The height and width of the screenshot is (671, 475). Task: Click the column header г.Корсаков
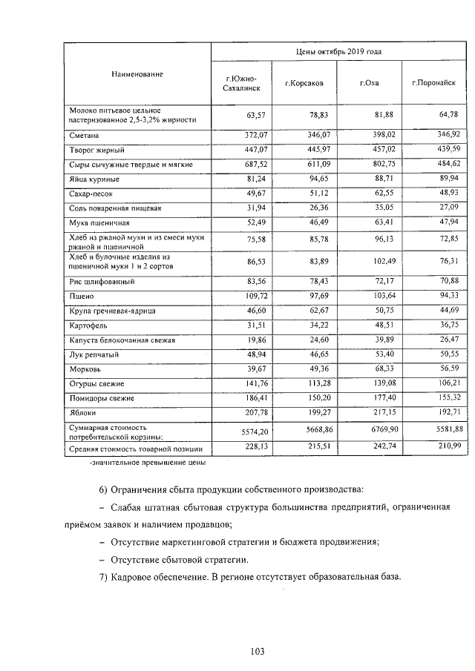[304, 83]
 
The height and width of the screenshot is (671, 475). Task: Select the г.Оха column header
[369, 83]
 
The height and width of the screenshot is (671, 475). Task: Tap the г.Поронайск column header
[433, 83]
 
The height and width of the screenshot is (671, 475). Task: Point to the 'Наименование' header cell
[137, 74]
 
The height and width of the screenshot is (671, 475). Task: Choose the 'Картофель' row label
[88, 325]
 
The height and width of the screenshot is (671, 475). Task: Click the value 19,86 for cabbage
[255, 340]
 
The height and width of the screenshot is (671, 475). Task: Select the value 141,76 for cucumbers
[252, 383]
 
